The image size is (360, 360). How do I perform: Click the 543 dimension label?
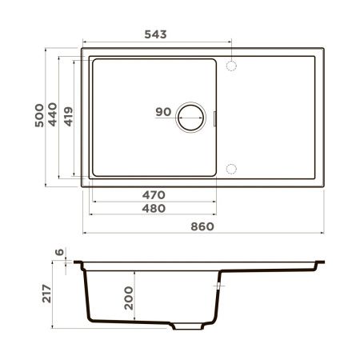[155, 35]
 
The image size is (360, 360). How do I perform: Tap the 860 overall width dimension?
[203, 226]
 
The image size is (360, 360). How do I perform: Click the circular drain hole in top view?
[193, 117]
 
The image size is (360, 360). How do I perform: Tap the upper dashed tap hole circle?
[232, 65]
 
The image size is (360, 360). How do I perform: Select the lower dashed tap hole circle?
[232, 168]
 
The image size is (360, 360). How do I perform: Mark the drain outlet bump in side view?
[189, 326]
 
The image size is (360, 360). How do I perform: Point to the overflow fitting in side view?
[218, 283]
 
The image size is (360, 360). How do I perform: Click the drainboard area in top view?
[276, 117]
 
